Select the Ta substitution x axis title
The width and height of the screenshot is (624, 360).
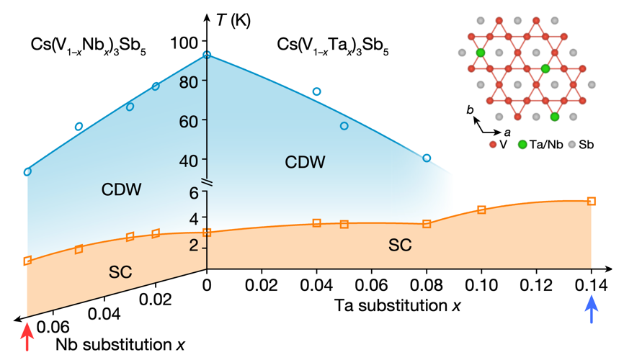coord(398,305)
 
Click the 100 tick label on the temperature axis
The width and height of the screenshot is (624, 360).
coord(184,42)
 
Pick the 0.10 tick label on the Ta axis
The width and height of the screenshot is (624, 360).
coord(481,285)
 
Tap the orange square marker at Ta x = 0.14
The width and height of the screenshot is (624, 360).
coord(592,201)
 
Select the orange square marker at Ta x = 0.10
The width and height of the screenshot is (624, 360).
coord(481,210)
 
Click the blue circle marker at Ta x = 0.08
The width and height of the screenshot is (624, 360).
coord(427,158)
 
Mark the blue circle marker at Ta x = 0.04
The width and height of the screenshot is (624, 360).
coord(316,91)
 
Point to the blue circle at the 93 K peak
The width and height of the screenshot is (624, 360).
coord(207,55)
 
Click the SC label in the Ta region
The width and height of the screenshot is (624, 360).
coord(400,245)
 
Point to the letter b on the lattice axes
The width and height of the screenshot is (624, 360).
coord(469,110)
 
